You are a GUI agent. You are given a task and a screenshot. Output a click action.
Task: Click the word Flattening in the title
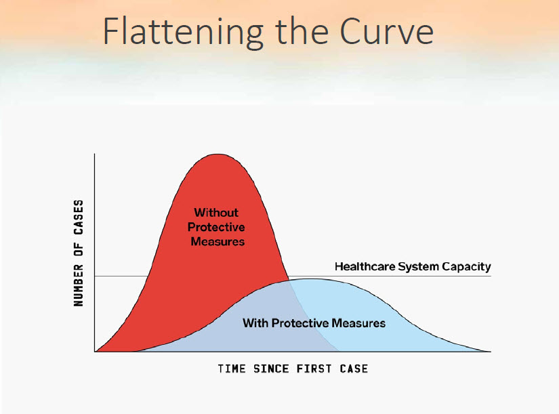pos(183,31)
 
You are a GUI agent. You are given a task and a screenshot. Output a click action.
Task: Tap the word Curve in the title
pos(386,31)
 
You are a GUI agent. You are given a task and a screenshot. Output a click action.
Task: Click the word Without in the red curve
pos(216,213)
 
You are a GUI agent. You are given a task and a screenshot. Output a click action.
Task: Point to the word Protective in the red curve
pos(216,227)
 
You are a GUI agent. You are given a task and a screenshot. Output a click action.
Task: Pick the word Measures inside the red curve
pos(218,241)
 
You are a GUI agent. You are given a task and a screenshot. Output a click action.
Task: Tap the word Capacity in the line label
pos(466,267)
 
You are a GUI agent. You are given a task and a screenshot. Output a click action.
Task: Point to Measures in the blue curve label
pos(358,323)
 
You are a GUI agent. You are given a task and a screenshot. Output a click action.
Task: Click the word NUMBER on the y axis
pos(79,285)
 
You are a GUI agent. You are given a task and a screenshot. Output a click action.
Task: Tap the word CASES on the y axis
pos(79,217)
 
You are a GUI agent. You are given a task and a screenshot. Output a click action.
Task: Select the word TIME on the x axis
pos(232,369)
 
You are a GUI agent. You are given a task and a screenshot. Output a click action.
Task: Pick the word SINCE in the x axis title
pos(271,369)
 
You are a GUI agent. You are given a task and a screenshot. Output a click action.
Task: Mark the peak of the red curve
pos(218,154)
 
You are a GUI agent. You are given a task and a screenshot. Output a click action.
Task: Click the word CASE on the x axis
pos(354,369)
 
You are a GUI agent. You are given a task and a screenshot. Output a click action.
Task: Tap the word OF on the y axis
pos(79,249)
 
